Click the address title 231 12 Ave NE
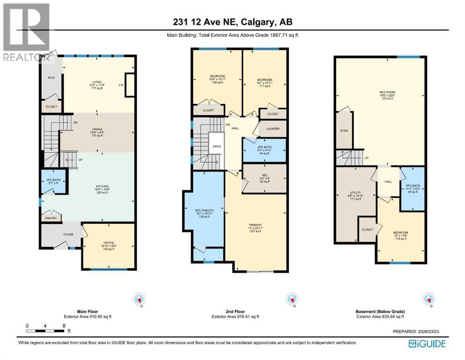tap(232, 22)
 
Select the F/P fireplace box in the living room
tap(130, 85)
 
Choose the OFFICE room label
tap(108, 243)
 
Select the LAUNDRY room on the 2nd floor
tap(273, 129)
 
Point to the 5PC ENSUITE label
tap(204, 211)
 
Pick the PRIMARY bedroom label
tap(256, 227)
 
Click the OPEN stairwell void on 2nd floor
tap(216, 146)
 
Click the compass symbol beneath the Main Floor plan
tap(139, 299)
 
